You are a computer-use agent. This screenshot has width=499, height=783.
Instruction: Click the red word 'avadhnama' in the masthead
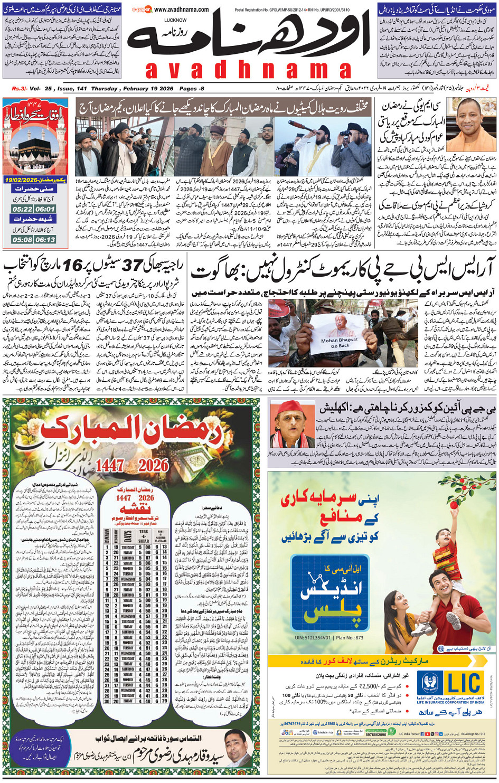(x=248, y=70)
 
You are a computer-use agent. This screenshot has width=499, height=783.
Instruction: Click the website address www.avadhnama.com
(x=181, y=10)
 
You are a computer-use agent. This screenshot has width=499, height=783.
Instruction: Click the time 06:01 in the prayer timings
(x=45, y=209)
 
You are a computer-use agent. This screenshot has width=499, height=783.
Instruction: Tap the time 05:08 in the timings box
(x=22, y=240)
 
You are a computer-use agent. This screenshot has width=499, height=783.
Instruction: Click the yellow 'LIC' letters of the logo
(x=464, y=683)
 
